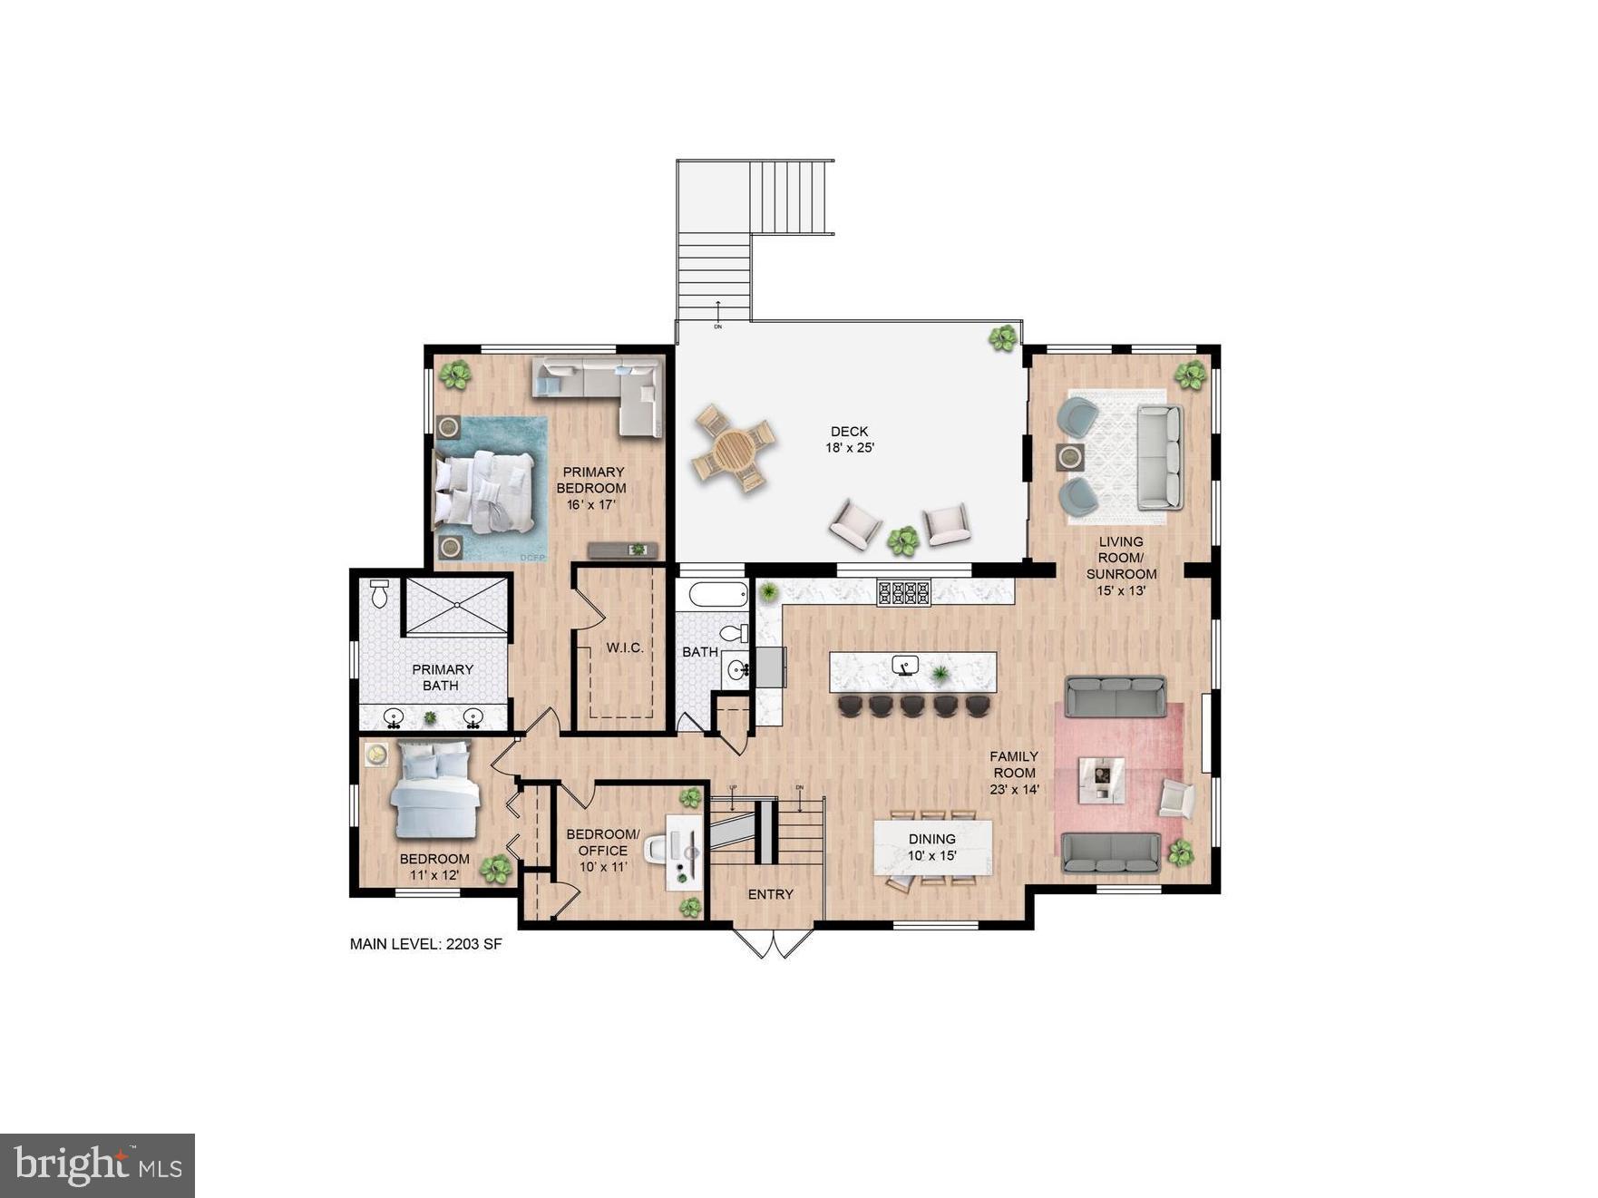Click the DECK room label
point(849,432)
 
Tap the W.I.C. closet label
point(625,648)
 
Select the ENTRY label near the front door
point(770,894)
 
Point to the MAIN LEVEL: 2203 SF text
point(425,944)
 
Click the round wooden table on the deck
point(734,447)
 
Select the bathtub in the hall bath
point(718,595)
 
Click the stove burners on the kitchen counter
point(903,593)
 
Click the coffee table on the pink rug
point(1101,780)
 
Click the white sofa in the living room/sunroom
point(1160,456)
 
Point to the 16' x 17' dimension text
point(591,504)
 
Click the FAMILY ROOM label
point(1014,765)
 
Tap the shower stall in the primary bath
point(456,605)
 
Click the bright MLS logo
point(97,1165)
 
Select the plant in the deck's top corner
point(1003,338)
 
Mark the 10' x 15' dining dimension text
point(932,855)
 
